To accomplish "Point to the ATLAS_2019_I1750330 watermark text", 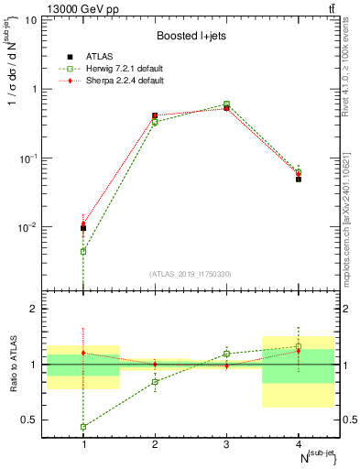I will point(191,274).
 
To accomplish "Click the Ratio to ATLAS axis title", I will point(13,364).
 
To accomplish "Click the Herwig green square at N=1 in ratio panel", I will point(83,427).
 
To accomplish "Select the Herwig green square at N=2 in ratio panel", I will point(155,381).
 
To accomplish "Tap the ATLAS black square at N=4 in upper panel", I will point(299,179).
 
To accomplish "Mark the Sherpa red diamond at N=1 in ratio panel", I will point(83,353).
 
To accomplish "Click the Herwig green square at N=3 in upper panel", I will point(227,104).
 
